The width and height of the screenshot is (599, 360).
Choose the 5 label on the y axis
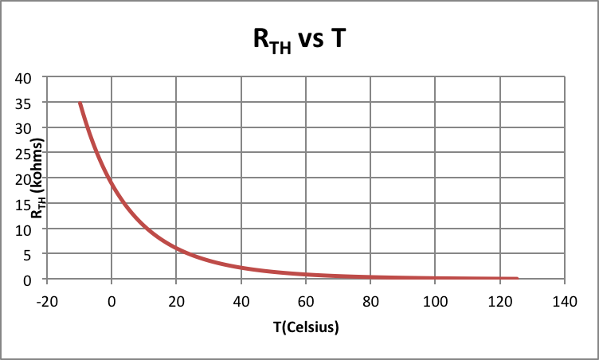[x=35, y=255]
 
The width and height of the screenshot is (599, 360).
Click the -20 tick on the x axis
[x=47, y=302]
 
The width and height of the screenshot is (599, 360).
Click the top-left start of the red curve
[x=80, y=103]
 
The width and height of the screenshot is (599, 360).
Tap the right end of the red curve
[x=517, y=279]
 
